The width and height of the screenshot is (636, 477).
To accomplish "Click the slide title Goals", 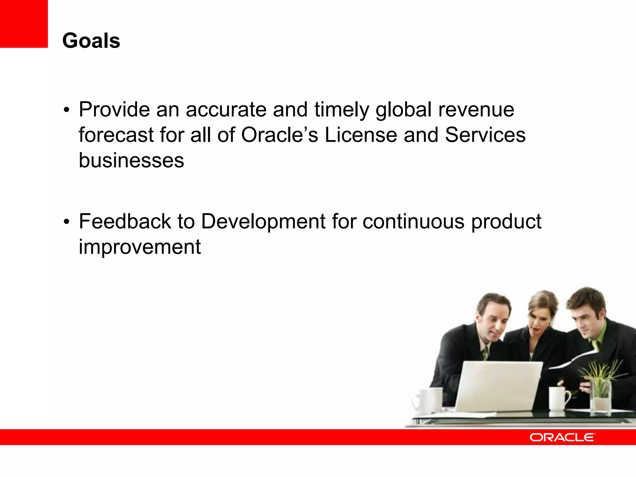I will (x=91, y=41).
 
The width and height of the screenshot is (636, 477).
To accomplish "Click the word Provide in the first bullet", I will (x=114, y=110).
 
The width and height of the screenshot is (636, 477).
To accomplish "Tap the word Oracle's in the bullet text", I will (x=279, y=135).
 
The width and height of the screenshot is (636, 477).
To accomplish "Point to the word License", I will (x=361, y=135).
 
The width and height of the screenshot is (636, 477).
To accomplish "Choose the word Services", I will (x=485, y=135).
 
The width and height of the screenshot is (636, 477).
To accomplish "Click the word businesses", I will (x=131, y=161).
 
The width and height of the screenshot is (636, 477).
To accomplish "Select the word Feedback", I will (x=125, y=221).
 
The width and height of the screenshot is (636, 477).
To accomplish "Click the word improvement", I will (x=139, y=247).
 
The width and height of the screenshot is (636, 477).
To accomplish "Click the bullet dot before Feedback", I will (x=66, y=222).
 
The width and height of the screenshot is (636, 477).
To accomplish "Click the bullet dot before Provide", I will (x=66, y=111).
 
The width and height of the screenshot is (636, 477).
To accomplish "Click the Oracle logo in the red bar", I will (x=562, y=437).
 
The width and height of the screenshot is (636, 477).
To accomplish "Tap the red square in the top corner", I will (x=24, y=24).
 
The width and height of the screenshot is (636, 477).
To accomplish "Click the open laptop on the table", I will (x=497, y=385).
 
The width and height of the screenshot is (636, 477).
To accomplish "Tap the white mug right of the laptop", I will (x=557, y=399).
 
